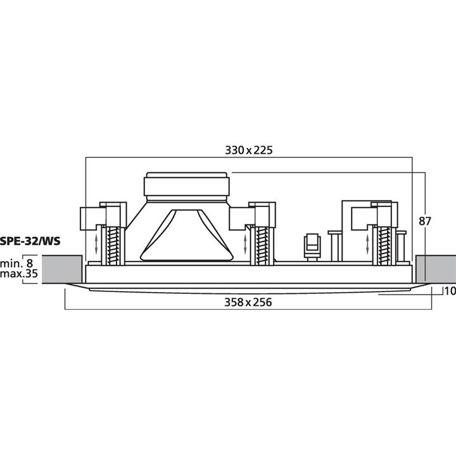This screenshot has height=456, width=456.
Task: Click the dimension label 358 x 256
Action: click(x=248, y=302)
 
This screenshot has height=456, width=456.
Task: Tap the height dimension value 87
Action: click(x=426, y=221)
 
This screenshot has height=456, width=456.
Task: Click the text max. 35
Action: click(x=19, y=274)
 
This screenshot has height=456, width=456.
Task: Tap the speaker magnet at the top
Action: click(x=184, y=185)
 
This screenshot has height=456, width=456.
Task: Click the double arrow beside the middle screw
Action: click(x=244, y=244)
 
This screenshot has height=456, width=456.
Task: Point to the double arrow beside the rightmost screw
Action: click(x=368, y=244)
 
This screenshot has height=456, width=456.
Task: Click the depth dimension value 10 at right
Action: click(x=450, y=292)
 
